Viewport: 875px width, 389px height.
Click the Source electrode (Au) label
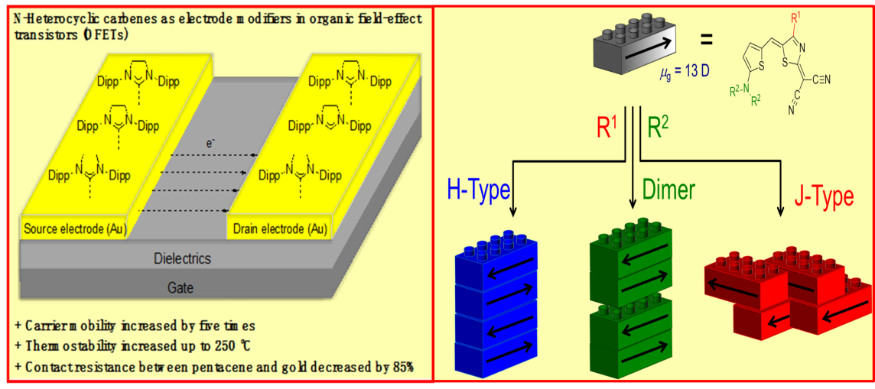tap(75, 228)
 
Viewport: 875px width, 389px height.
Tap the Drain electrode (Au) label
tap(278, 228)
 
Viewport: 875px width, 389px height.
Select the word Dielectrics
tap(182, 259)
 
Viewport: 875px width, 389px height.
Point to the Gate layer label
tap(181, 288)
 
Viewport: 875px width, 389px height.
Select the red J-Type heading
tap(823, 197)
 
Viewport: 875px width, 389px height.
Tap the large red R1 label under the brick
tap(609, 125)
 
